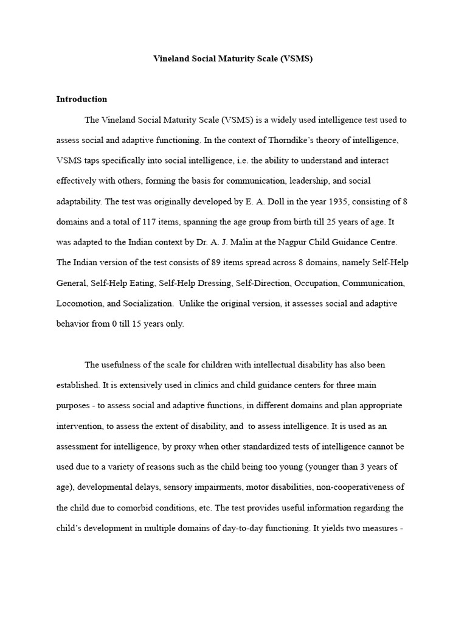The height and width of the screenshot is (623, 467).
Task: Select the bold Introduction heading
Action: [x=81, y=99]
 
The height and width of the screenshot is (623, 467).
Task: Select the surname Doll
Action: [x=246, y=201]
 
